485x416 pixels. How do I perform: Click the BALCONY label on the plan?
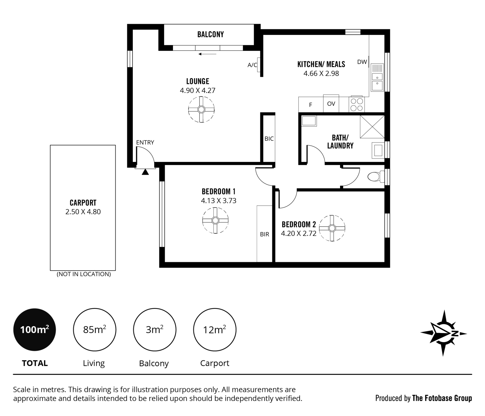tap(210, 34)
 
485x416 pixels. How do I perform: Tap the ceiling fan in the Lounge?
tap(201, 110)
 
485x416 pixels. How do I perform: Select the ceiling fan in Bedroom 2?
tap(332, 228)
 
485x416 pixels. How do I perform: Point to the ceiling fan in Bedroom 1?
tap(215, 220)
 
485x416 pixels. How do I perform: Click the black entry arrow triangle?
tap(145, 172)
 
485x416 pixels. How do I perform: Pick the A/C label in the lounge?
tap(252, 65)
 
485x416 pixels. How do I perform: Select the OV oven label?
tap(331, 104)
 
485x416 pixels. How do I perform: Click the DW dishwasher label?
tap(362, 62)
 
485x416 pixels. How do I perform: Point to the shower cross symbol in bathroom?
tap(372, 127)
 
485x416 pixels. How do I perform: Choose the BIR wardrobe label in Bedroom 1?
tap(264, 234)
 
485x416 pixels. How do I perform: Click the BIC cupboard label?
tap(269, 139)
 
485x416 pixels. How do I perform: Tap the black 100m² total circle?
tap(35, 330)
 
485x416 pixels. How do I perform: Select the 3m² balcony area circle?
tap(155, 330)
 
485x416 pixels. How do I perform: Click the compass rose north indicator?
tap(444, 333)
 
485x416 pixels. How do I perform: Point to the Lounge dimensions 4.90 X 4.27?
tap(198, 91)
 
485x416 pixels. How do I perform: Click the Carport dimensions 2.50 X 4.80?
tap(83, 212)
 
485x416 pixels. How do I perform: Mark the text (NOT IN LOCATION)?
tap(84, 274)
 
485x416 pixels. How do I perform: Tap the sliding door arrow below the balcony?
tap(207, 54)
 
